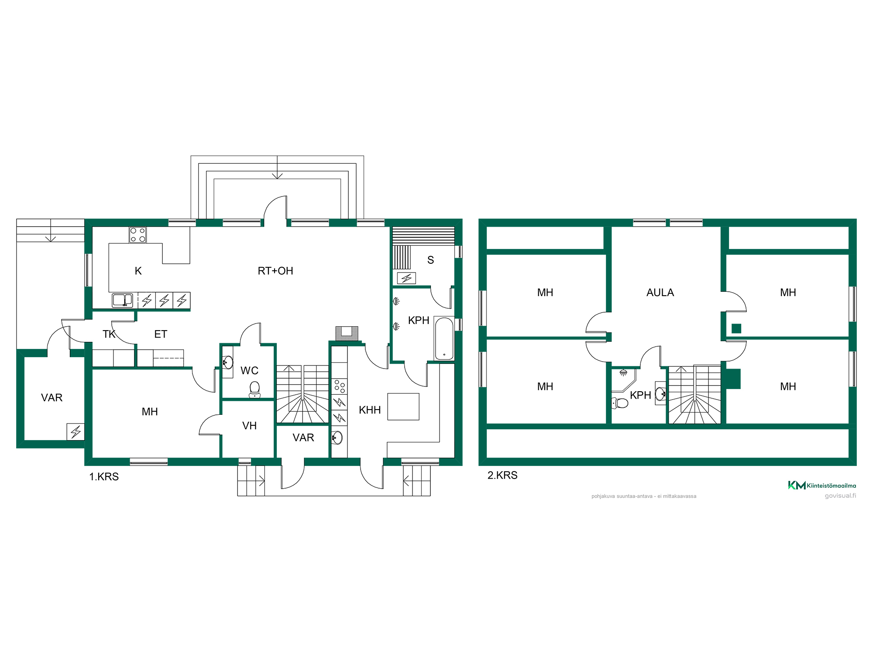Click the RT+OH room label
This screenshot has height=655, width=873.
pyautogui.click(x=275, y=271)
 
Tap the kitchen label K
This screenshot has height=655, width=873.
pyautogui.click(x=138, y=271)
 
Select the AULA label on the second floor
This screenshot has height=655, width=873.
pyautogui.click(x=660, y=293)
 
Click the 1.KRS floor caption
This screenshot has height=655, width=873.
pyautogui.click(x=104, y=476)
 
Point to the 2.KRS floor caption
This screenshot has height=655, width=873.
pyautogui.click(x=502, y=475)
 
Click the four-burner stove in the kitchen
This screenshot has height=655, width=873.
pyautogui.click(x=138, y=235)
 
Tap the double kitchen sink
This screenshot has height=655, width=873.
pyautogui.click(x=123, y=300)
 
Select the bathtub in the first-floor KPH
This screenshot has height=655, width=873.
pyautogui.click(x=444, y=338)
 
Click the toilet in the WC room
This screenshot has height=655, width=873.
pyautogui.click(x=254, y=390)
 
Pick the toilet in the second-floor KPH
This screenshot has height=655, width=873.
pyautogui.click(x=620, y=403)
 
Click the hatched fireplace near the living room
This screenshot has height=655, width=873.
pyautogui.click(x=347, y=334)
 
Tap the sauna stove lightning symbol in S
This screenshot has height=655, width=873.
pyautogui.click(x=406, y=278)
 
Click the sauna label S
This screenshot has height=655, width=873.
pyautogui.click(x=430, y=260)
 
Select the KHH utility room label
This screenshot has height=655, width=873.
pyautogui.click(x=370, y=410)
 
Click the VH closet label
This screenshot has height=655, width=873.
pyautogui.click(x=249, y=426)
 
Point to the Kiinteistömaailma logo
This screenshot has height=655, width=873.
pyautogui.click(x=822, y=485)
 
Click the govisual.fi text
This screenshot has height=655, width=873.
pyautogui.click(x=840, y=496)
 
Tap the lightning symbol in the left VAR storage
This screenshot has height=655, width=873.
pyautogui.click(x=76, y=432)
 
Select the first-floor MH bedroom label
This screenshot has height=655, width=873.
pyautogui.click(x=150, y=412)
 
